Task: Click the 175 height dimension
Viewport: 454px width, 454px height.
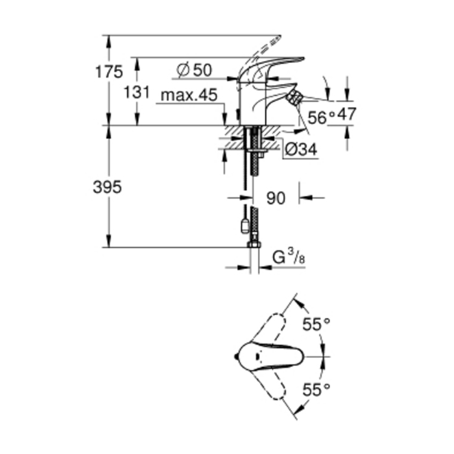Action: coord(110,72)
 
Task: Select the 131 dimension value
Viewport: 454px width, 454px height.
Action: coord(136,91)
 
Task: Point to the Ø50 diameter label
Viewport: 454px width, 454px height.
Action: coord(195,69)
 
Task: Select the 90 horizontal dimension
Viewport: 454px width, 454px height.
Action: coord(276,198)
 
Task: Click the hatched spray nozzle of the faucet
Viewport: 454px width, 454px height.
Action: coord(295,98)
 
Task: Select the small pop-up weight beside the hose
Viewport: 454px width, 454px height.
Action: coord(244,225)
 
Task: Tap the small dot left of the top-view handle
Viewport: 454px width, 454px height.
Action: coord(235,356)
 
